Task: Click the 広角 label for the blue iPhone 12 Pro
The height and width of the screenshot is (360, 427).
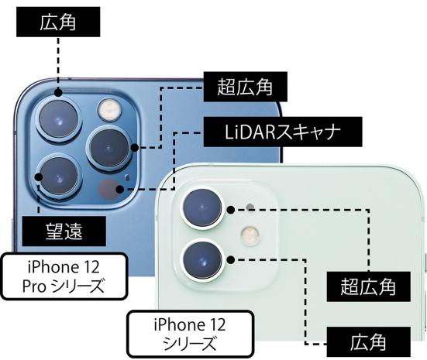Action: pyautogui.click(x=58, y=22)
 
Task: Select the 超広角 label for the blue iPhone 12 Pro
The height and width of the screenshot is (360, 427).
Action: pyautogui.click(x=245, y=87)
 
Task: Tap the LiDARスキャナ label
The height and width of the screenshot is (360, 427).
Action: pyautogui.click(x=283, y=132)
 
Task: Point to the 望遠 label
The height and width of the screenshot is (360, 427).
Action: pyautogui.click(x=64, y=231)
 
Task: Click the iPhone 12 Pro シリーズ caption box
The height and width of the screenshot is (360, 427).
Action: pyautogui.click(x=64, y=276)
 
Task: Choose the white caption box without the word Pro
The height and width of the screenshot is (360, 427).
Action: pyautogui.click(x=191, y=334)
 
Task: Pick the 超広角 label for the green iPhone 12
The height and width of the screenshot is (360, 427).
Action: pyautogui.click(x=368, y=286)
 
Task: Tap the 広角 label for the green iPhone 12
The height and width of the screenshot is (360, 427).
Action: pyautogui.click(x=368, y=342)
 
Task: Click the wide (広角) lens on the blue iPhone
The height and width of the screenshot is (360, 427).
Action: pyautogui.click(x=59, y=119)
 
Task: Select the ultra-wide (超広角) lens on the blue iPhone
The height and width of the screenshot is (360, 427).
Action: pyautogui.click(x=109, y=149)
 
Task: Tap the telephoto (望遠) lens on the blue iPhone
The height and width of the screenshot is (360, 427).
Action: pyautogui.click(x=59, y=177)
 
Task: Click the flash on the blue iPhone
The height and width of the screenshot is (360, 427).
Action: pyautogui.click(x=110, y=110)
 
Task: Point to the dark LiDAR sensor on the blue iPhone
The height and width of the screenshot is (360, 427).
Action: pyautogui.click(x=109, y=189)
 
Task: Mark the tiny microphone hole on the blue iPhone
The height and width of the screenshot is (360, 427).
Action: pyautogui.click(x=127, y=178)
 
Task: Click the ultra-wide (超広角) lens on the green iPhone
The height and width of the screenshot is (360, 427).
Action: pyautogui.click(x=203, y=209)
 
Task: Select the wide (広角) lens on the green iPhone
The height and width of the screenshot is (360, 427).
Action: pyautogui.click(x=203, y=260)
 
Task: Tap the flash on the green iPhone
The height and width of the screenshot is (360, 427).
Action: pyautogui.click(x=250, y=235)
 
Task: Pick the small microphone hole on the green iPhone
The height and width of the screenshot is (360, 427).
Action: pyautogui.click(x=250, y=207)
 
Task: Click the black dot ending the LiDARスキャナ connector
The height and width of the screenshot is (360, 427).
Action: pyautogui.click(x=120, y=189)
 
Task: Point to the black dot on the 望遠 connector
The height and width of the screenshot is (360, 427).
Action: pyautogui.click(x=39, y=177)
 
